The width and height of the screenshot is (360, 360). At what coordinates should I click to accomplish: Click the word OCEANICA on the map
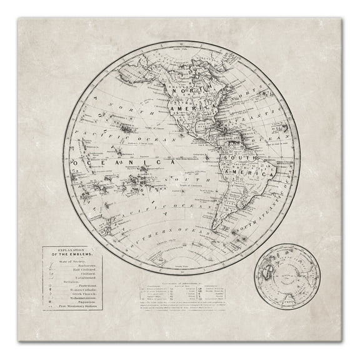pyautogui.click(x=119, y=162)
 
